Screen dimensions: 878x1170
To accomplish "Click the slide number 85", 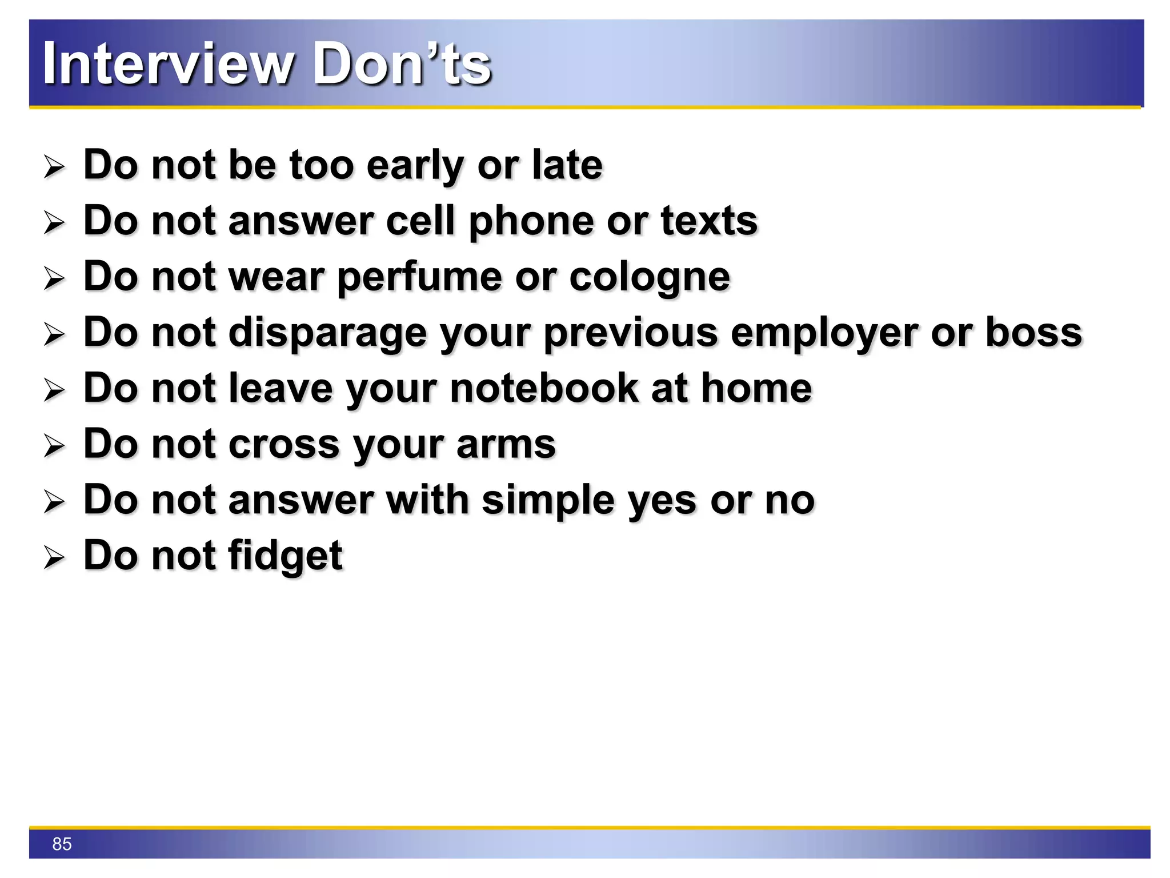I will click(62, 844).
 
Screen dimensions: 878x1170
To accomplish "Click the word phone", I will click(531, 222).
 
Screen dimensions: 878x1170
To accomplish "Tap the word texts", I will click(709, 221).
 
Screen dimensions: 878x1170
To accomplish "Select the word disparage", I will click(327, 333).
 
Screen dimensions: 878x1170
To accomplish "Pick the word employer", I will click(824, 333).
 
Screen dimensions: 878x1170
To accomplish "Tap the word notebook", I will click(544, 388).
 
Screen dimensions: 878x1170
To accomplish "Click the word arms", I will click(506, 444).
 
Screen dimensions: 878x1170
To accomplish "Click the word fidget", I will click(285, 556).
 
